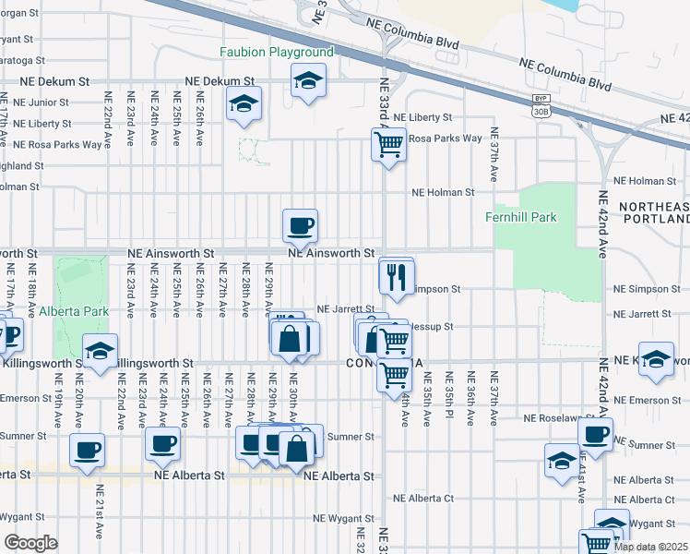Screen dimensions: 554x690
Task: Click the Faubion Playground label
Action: pos(276,52)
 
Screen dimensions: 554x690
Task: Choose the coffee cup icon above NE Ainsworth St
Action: pos(300,224)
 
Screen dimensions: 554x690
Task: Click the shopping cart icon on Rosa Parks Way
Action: pos(388,143)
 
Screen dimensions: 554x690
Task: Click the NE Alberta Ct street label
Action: pos(423,498)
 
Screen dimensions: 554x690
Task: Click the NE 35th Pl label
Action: pos(449,399)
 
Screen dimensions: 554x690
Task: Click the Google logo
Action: pos(30,543)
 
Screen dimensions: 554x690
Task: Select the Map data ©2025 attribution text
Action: pos(650,547)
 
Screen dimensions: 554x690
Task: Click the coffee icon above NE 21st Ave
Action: pos(87,450)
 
